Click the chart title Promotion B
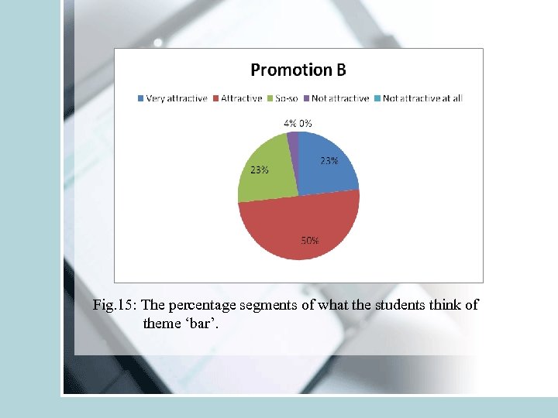tap(298, 70)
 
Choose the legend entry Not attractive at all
tap(422, 98)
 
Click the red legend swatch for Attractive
tap(216, 98)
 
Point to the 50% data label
tap(310, 240)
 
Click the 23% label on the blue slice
tap(329, 161)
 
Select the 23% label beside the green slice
tap(259, 170)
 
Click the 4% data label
tap(289, 123)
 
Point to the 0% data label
tap(305, 123)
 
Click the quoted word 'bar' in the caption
tap(201, 323)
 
